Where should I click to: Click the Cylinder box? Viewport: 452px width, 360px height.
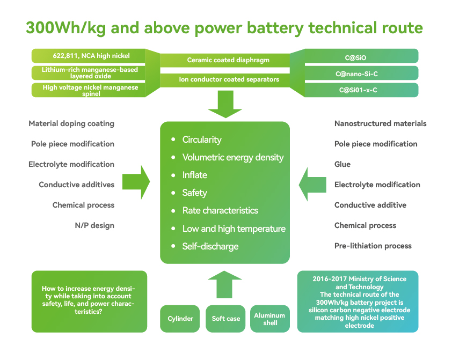180,319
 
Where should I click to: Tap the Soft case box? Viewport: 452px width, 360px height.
226,319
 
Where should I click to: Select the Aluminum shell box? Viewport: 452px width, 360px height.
270,319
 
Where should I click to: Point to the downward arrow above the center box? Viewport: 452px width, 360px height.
225,104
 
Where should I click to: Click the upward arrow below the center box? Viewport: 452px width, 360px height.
225,284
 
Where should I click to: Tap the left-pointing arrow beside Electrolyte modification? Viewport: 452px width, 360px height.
312,185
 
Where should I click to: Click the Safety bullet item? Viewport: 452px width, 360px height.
194,193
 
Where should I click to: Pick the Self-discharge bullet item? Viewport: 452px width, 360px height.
210,246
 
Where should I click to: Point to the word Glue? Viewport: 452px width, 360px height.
342,164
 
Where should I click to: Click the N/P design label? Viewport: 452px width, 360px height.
94,225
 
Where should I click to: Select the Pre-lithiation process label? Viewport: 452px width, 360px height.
373,246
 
